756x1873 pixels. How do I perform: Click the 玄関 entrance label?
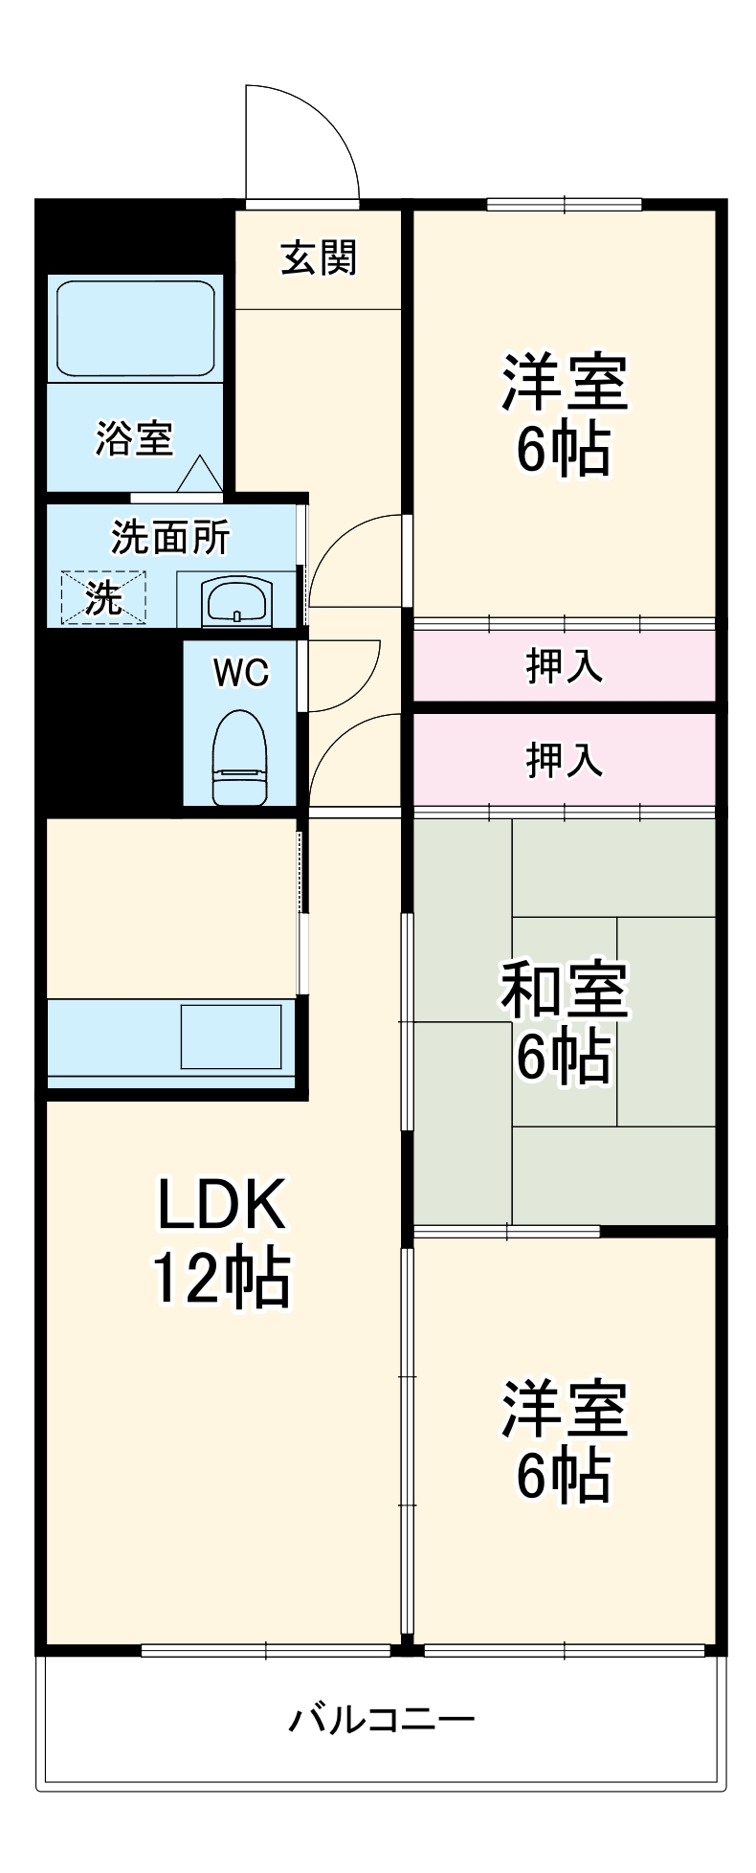point(318,258)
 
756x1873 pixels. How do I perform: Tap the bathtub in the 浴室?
point(134,328)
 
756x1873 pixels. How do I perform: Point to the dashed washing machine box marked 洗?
point(103,598)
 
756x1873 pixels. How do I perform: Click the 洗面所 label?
point(170,538)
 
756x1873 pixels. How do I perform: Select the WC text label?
point(240,673)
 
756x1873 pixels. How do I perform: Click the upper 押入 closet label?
point(564,666)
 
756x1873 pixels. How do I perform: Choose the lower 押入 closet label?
point(564,760)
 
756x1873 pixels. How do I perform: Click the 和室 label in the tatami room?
point(564,990)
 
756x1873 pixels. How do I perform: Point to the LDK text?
point(221,1205)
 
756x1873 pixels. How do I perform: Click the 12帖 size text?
point(221,1280)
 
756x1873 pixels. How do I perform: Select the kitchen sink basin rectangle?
point(232,1037)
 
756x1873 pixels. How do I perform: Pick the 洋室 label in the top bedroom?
point(564,382)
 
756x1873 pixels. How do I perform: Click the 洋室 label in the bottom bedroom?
point(564,1407)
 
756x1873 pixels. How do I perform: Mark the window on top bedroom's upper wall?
point(564,204)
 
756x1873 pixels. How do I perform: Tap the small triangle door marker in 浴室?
point(199,473)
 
